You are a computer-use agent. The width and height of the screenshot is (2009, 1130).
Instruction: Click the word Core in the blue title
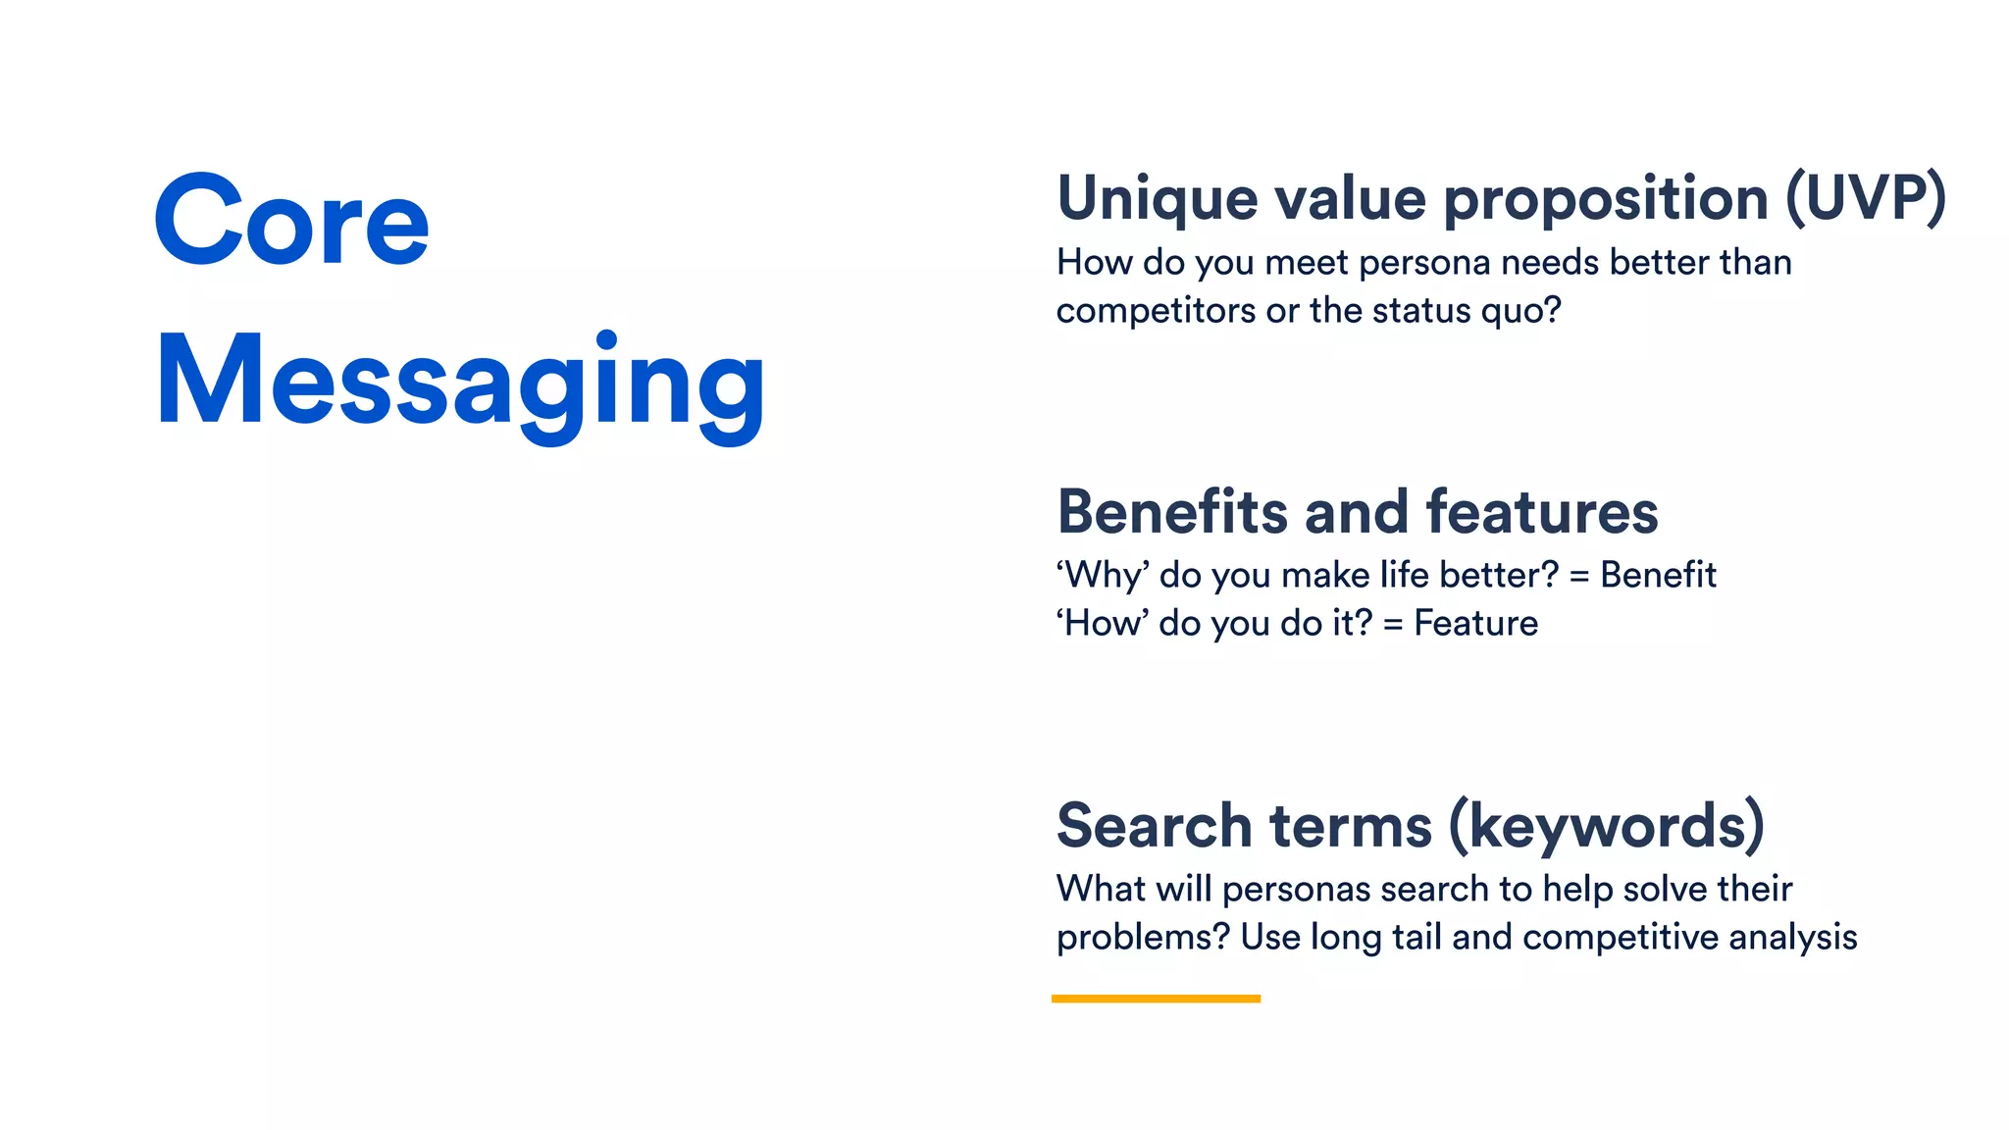(291, 222)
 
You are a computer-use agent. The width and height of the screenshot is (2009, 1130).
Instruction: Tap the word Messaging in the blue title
(460, 383)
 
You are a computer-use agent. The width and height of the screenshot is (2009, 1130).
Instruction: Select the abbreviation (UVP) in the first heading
(1865, 199)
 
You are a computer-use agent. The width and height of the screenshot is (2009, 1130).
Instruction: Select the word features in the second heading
(1541, 512)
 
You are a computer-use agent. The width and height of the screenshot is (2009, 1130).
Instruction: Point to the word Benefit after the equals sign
(1658, 575)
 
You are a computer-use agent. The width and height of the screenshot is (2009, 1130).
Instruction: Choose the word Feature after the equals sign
(1475, 624)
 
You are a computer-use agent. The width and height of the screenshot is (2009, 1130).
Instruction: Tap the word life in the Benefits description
(1404, 575)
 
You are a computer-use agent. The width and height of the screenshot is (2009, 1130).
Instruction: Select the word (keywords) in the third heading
(1606, 826)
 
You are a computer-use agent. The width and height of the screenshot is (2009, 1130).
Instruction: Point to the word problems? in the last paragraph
(1143, 938)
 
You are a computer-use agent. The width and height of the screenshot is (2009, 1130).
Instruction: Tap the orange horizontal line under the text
(1156, 999)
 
